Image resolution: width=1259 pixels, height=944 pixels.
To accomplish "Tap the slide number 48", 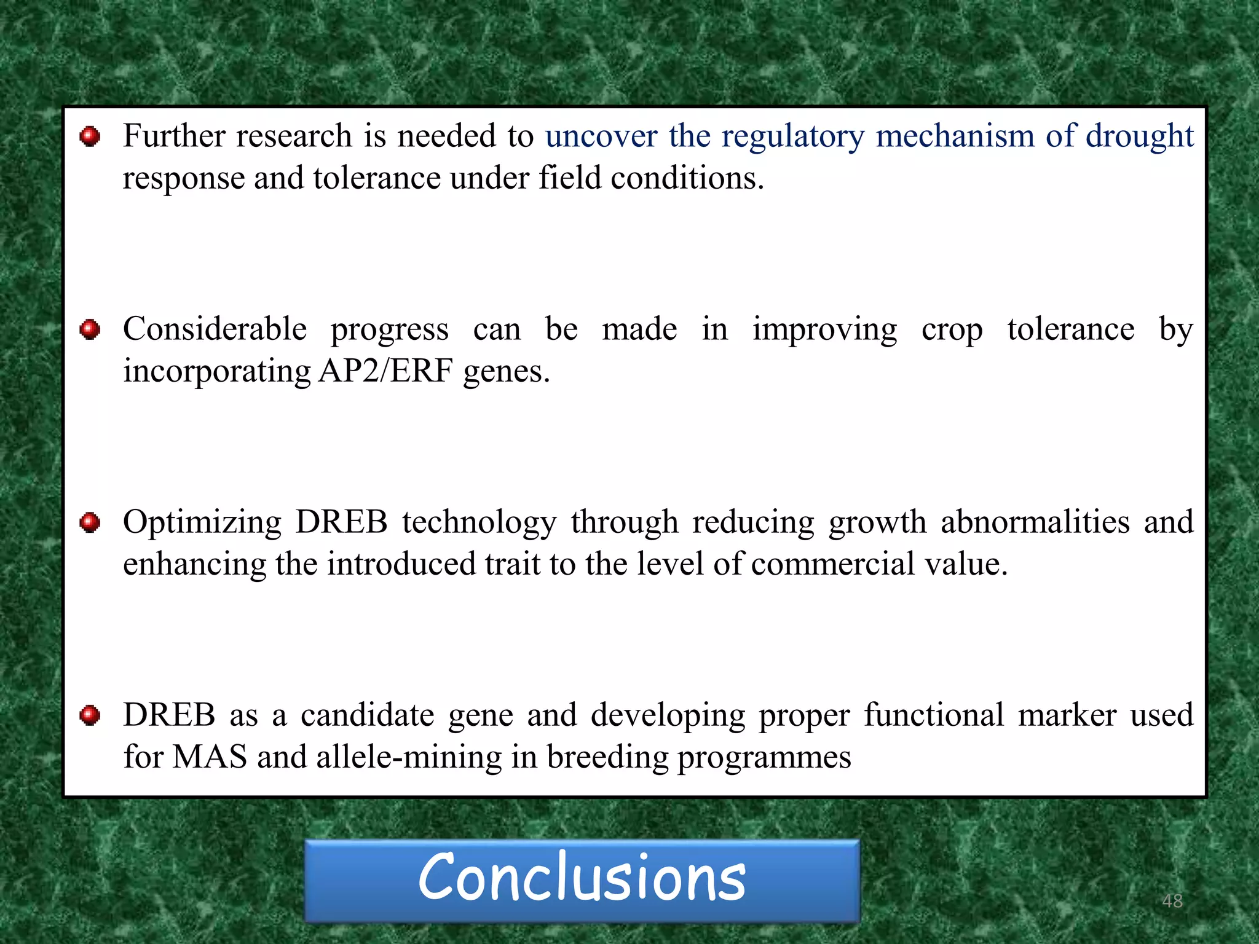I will point(1172,901).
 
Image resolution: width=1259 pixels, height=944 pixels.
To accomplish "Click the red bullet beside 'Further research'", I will point(90,136).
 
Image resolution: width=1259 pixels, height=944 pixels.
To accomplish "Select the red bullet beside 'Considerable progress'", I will point(90,329).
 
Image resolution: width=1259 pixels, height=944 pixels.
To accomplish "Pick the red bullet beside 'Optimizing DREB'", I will point(90,522).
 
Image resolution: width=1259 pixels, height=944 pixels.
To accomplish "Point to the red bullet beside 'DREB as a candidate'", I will point(90,715).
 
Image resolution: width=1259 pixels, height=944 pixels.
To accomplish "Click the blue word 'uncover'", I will point(601,136).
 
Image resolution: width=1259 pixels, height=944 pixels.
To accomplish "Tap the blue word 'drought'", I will point(1139,136).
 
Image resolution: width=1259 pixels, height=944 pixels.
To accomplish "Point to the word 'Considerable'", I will point(215,329).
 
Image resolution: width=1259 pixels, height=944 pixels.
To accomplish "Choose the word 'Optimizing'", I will point(202,522).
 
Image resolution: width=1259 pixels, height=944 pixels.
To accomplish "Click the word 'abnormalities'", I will point(1035,522).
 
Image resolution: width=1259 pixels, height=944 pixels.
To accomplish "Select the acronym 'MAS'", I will point(210,757).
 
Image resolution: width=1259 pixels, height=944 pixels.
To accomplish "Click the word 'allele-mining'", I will point(409,757).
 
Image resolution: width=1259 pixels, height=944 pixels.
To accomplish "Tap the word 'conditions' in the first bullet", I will point(687,178).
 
